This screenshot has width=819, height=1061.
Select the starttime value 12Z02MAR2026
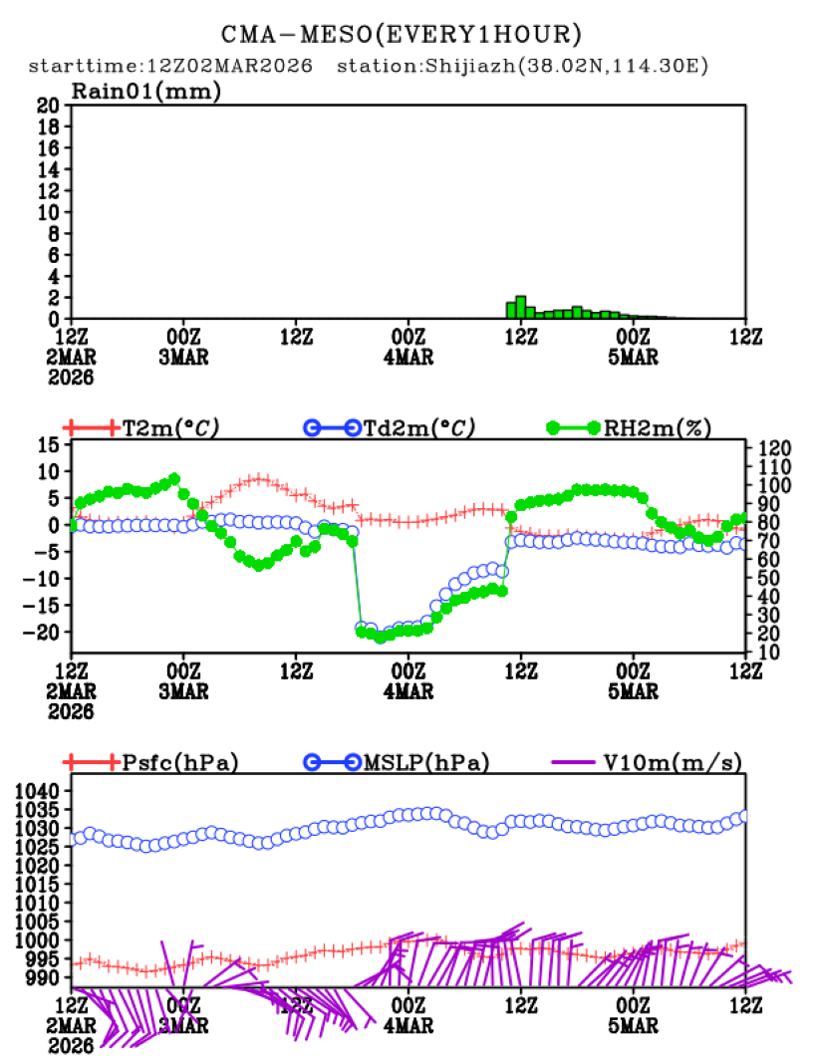coord(229,67)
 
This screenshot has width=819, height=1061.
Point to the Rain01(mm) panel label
coord(145,92)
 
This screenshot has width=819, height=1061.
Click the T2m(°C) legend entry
coord(169,427)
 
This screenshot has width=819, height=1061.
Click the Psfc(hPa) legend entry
coord(179,763)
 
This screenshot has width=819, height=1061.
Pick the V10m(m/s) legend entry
coord(673,763)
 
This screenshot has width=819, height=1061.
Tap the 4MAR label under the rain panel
coord(409,358)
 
